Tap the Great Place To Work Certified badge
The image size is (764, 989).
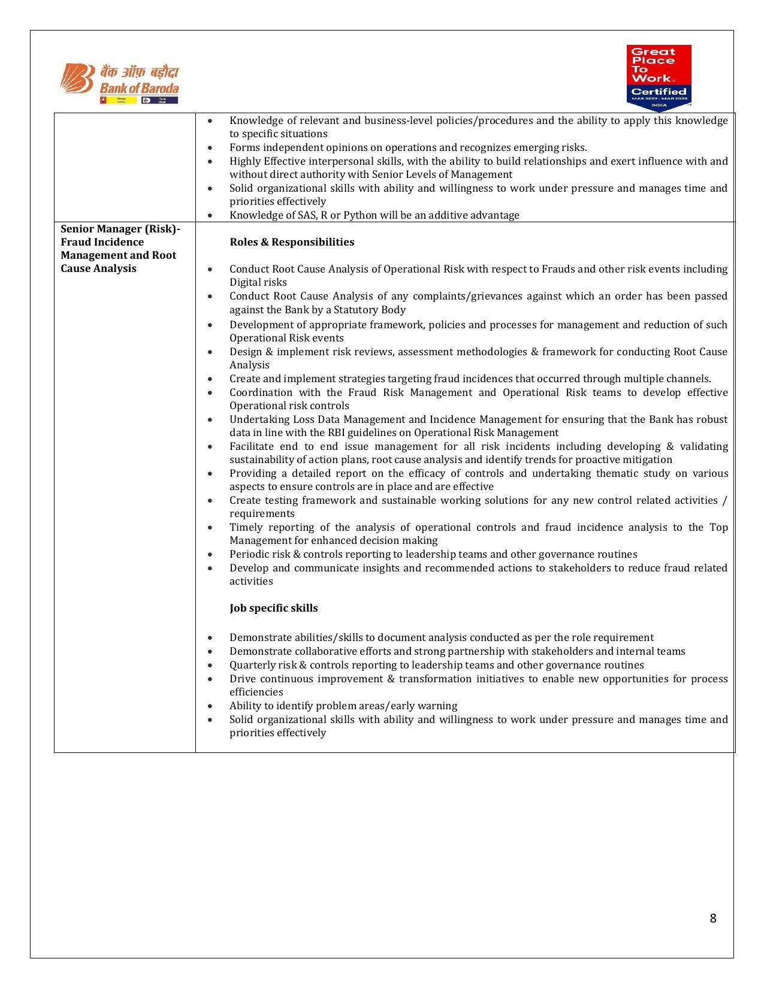(659, 77)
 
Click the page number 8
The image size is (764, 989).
(712, 918)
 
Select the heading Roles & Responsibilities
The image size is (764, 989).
(292, 242)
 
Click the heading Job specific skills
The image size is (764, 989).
(273, 608)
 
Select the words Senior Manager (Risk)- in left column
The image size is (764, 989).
(120, 229)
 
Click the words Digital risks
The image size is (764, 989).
(258, 282)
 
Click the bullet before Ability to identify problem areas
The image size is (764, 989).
(210, 706)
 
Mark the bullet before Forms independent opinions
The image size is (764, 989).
(210, 148)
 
